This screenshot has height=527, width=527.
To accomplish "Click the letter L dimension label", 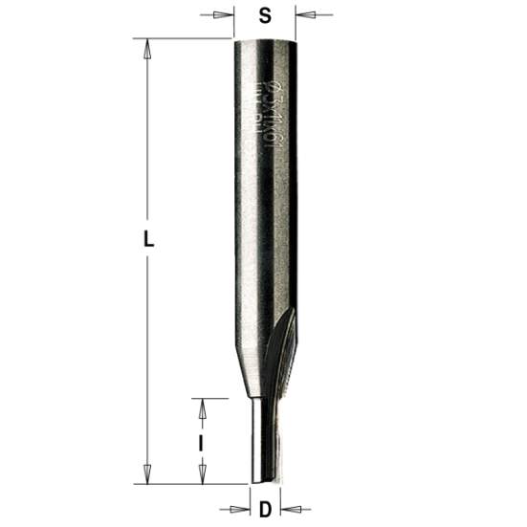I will point(148,242).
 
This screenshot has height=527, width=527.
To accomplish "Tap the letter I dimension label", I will point(200,443).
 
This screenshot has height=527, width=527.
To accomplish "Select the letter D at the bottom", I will point(264,509).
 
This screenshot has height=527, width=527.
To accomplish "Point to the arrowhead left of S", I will point(226,15).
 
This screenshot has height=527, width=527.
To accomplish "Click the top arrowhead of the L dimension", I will point(147,46).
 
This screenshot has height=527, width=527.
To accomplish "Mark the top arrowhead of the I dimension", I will point(201,406).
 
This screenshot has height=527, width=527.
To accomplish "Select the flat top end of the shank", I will point(265,39).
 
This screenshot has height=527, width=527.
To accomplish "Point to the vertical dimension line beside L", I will point(147,143).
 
